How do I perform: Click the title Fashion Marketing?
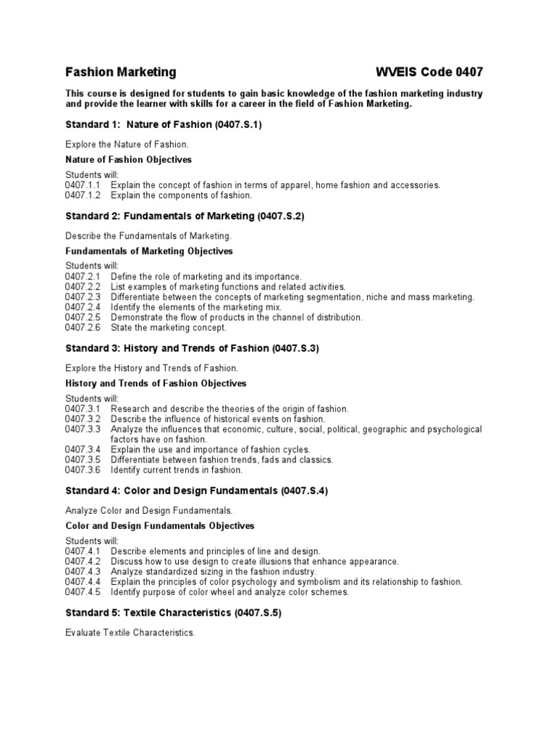pyautogui.click(x=121, y=72)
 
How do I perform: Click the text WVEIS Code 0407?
pyautogui.click(x=429, y=72)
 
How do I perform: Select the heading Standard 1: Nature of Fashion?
pyautogui.click(x=164, y=124)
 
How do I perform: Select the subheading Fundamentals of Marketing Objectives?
pyautogui.click(x=149, y=251)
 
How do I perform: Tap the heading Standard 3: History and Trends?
pyautogui.click(x=192, y=348)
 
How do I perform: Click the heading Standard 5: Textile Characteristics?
pyautogui.click(x=173, y=612)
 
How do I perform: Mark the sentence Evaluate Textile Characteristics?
pyautogui.click(x=130, y=632)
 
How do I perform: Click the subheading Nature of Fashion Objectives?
pyautogui.click(x=129, y=159)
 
